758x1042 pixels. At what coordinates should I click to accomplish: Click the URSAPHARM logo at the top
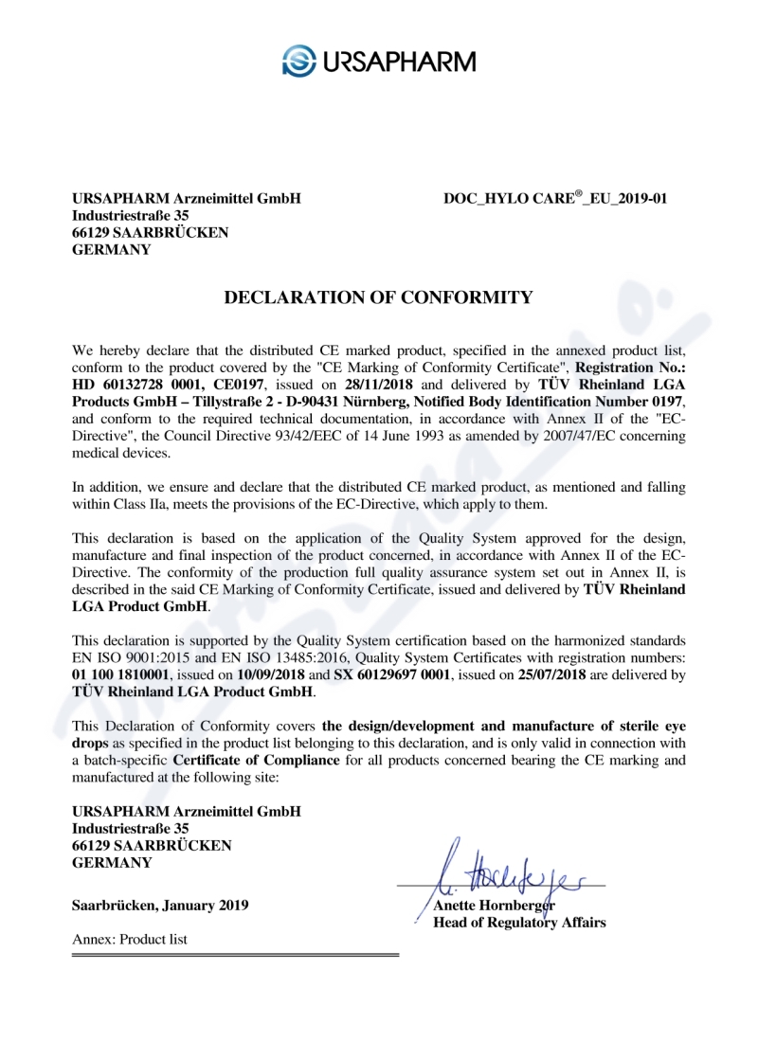coord(379,63)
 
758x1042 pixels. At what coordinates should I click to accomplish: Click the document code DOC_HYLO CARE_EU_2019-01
coord(555,199)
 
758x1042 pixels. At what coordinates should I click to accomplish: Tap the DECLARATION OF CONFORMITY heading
coord(378,297)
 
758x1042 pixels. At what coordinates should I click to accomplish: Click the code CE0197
coord(234,386)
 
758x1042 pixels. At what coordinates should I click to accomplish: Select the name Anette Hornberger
coord(493,905)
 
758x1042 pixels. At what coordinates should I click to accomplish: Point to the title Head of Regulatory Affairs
coord(519,922)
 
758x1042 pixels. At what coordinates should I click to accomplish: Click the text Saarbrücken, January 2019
coord(161,905)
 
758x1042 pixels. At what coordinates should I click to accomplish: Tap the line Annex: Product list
coord(130,939)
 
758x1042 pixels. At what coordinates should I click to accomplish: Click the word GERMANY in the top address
coord(112,250)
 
